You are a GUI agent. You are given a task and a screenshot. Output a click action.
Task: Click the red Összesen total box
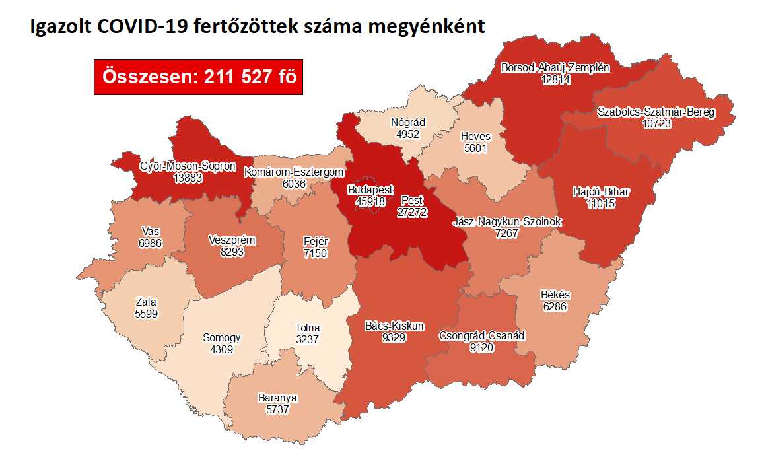click(198, 77)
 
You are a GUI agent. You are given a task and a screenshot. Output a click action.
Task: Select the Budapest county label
click(370, 190)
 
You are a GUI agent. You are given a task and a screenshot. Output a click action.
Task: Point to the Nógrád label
click(408, 123)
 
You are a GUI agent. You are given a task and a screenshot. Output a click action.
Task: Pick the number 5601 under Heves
click(475, 148)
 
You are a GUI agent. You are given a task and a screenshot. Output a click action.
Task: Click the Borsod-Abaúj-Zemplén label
click(555, 67)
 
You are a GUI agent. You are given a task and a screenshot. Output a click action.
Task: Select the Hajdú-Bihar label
click(601, 193)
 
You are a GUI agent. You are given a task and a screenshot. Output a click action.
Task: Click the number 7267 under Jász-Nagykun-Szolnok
click(508, 234)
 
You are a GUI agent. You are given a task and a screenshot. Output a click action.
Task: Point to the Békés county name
click(555, 295)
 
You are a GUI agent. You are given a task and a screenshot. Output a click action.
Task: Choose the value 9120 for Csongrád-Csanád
click(482, 347)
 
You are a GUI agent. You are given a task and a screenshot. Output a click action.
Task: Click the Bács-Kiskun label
click(394, 326)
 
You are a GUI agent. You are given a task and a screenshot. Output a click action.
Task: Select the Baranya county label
click(277, 398)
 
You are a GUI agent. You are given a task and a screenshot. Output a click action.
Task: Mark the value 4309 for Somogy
click(221, 349)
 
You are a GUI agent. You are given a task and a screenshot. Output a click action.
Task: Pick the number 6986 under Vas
click(151, 244)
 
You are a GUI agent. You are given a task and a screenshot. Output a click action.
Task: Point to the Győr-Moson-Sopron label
click(188, 166)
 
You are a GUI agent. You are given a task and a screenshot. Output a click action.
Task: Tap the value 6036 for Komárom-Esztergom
click(294, 184)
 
